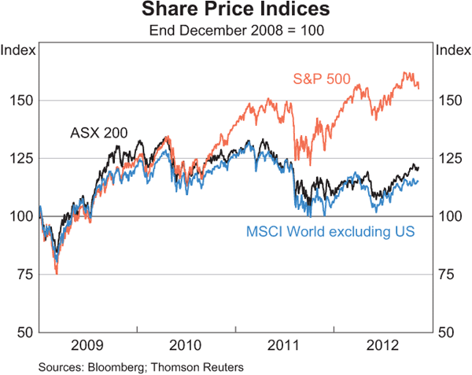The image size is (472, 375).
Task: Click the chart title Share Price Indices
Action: click(236, 11)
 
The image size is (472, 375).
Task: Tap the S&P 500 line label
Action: click(321, 79)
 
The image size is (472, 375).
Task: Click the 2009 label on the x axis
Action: click(88, 346)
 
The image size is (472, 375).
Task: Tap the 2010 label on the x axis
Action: click(186, 346)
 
